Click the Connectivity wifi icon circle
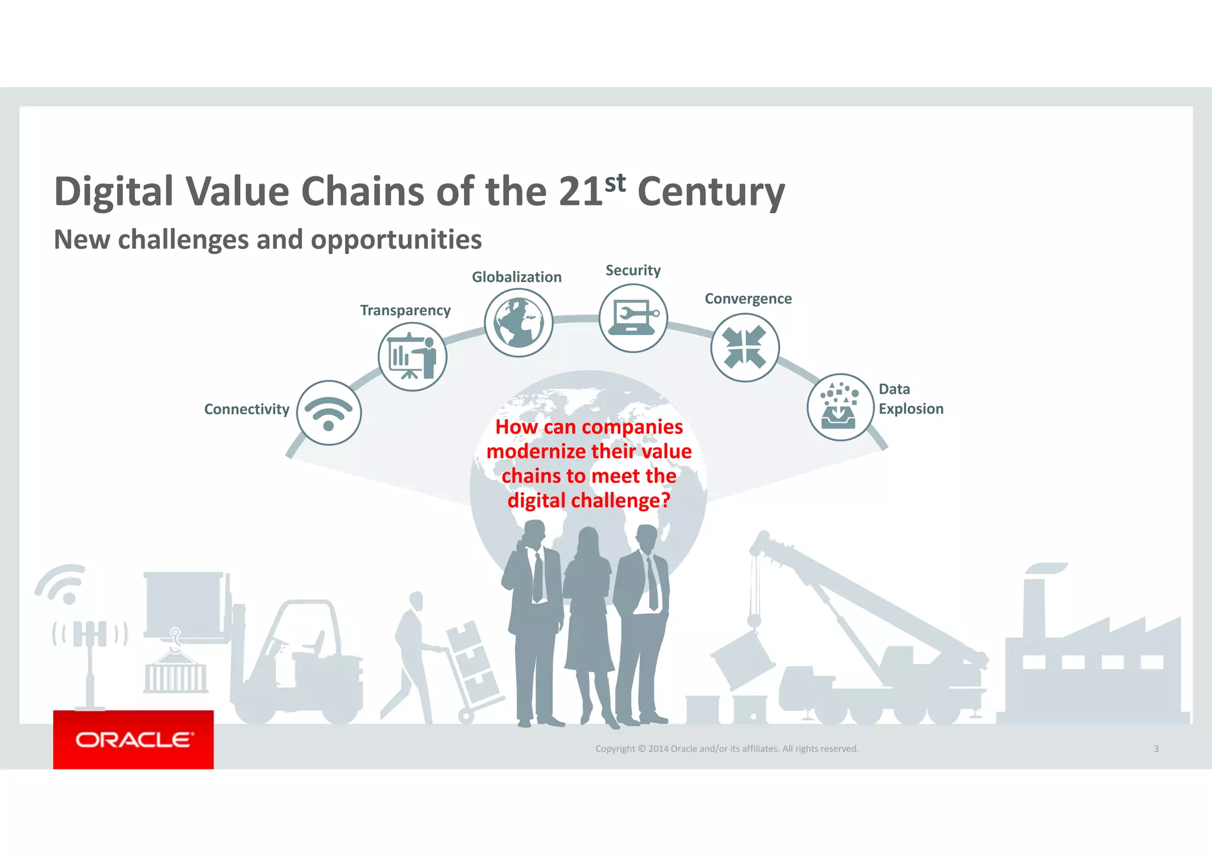click(329, 413)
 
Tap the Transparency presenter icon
click(412, 357)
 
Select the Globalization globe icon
click(518, 323)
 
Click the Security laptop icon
click(633, 318)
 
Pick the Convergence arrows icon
click(745, 347)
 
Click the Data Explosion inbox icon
click(840, 407)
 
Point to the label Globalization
click(516, 277)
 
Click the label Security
click(633, 270)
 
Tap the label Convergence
click(748, 299)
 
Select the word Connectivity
click(246, 409)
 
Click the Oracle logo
click(134, 740)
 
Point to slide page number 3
click(1156, 749)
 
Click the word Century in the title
click(711, 192)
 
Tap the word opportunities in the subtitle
click(396, 240)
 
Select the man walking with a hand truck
click(414, 651)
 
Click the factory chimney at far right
click(1033, 604)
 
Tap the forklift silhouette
click(296, 663)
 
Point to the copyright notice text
click(727, 749)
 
